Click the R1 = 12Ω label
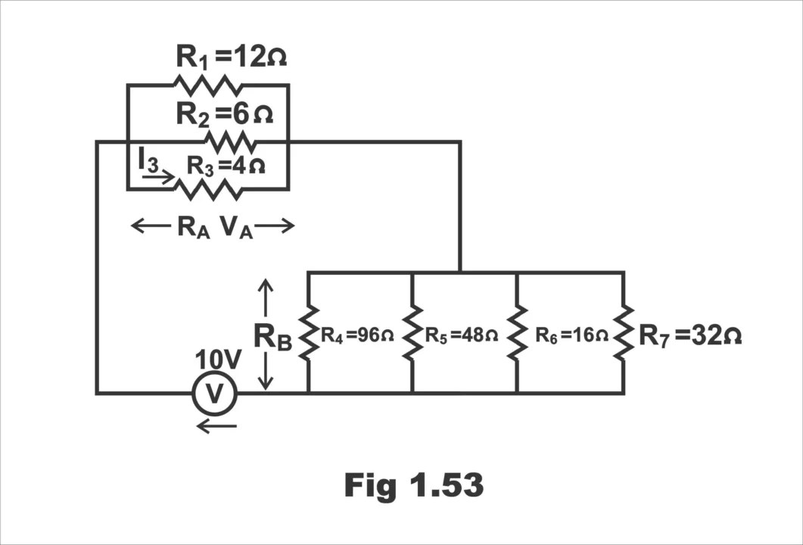click(x=232, y=57)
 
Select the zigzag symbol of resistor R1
click(x=209, y=84)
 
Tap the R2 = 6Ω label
click(x=225, y=114)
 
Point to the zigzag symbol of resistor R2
click(x=230, y=142)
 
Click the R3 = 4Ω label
click(x=226, y=164)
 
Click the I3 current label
click(x=148, y=160)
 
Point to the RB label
click(x=272, y=336)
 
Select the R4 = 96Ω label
click(x=357, y=335)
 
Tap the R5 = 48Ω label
click(x=461, y=335)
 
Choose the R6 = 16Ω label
click(x=571, y=335)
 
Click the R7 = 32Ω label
click(x=690, y=335)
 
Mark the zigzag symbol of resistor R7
click(x=623, y=333)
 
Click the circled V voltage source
click(x=215, y=394)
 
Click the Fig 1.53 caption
click(x=414, y=485)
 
